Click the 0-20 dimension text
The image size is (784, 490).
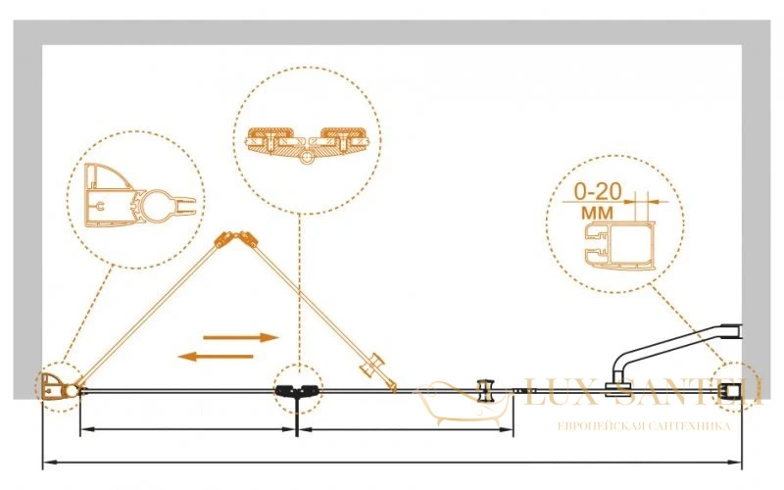(598, 191)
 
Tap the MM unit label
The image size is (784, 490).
(597, 213)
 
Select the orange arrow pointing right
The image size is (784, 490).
(240, 337)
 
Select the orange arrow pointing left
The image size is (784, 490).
(216, 357)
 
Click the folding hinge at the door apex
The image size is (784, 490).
(235, 239)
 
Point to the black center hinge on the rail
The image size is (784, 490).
(296, 390)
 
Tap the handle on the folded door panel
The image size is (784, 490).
(372, 366)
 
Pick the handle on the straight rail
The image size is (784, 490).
(484, 391)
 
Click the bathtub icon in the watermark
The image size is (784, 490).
(463, 404)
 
